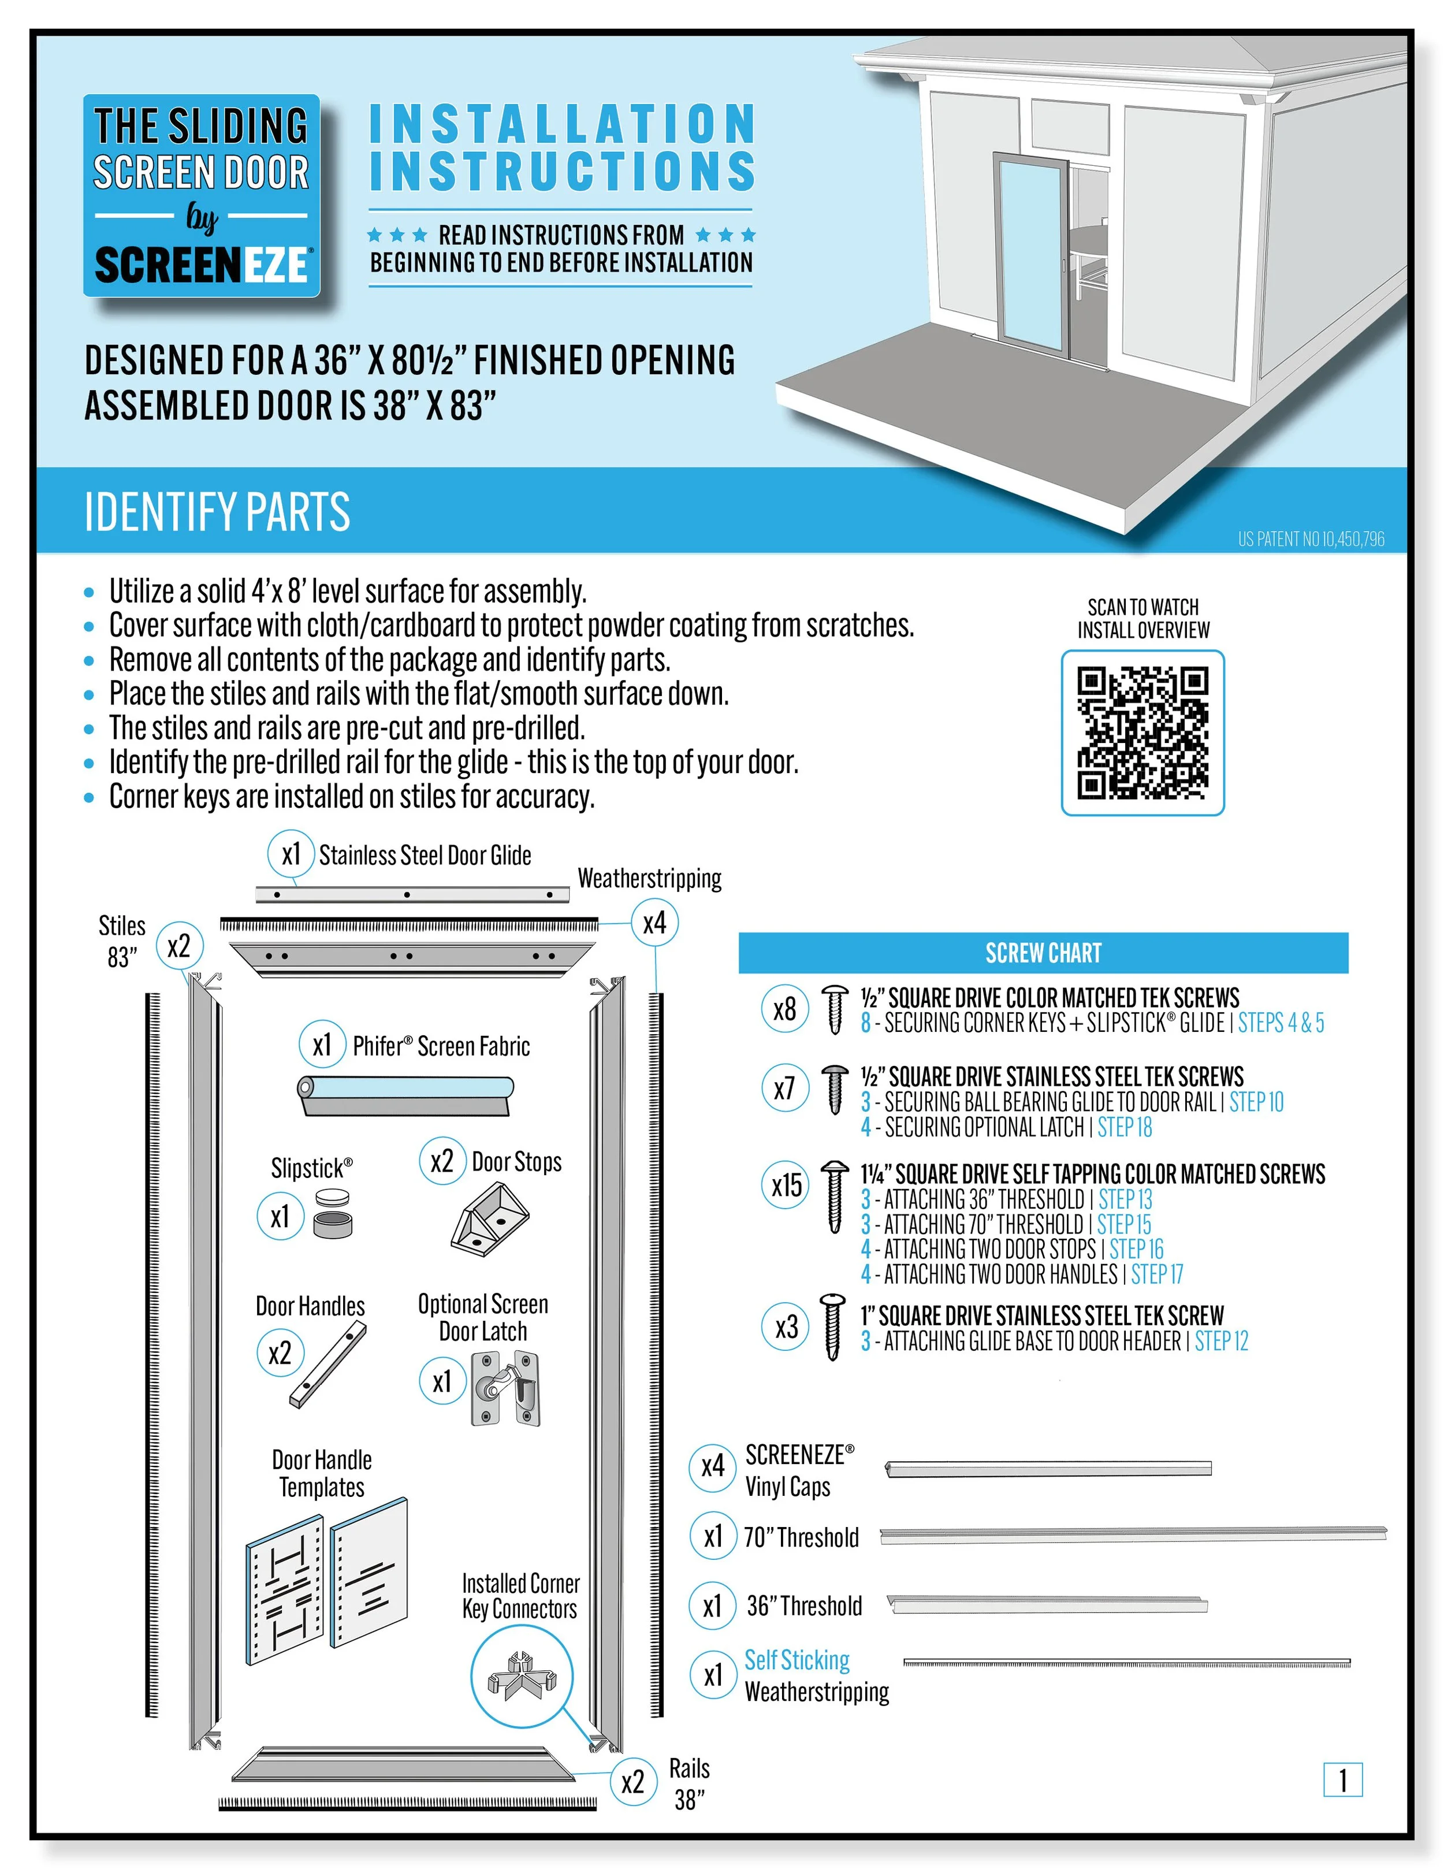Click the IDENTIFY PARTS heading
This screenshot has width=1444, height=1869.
[217, 512]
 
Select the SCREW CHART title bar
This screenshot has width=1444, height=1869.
[1042, 953]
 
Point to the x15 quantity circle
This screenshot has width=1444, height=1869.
[786, 1185]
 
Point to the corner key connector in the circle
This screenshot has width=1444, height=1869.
[521, 1675]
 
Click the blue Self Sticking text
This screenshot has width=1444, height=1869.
[797, 1660]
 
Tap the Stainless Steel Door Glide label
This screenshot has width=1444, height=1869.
[425, 855]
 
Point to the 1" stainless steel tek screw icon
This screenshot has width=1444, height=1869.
[832, 1327]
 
